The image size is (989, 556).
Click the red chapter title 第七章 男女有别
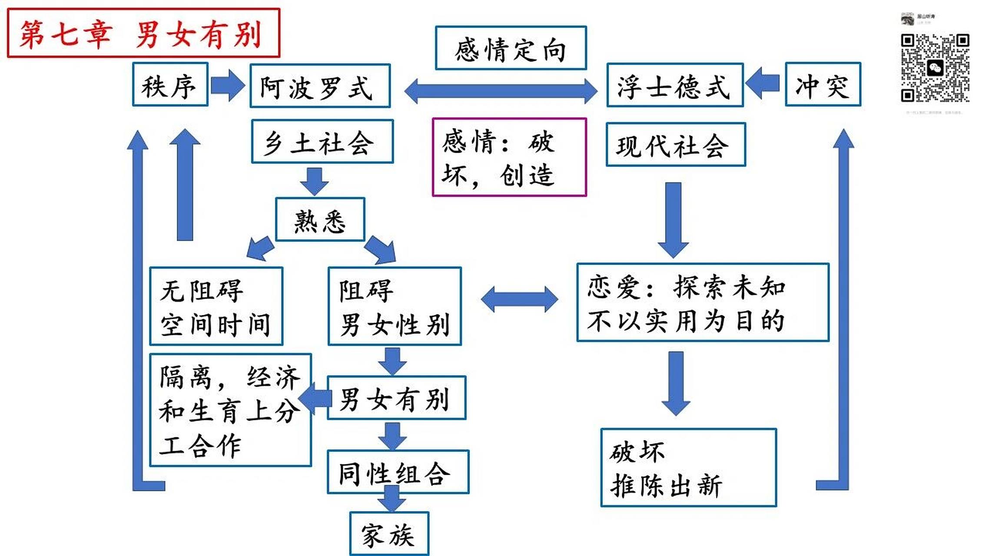pos(143,33)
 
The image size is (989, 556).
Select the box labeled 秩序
pos(170,84)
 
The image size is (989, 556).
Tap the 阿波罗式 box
pos(320,86)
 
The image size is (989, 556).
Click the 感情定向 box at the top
pos(511,48)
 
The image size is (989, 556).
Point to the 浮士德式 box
pos(674,85)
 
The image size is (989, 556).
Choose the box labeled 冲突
pos(823,84)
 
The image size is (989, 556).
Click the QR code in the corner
pos(935,68)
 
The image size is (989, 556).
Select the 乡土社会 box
pos(322,142)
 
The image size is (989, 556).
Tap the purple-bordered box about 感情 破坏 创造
pos(509,157)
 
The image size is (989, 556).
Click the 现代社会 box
pos(675,145)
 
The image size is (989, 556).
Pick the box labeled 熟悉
pos(320,220)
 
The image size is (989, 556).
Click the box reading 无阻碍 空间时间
pos(216,306)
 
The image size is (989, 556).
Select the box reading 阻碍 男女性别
pos(394,306)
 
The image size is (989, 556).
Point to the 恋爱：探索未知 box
pos(702,302)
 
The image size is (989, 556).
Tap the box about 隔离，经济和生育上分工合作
pos(230,410)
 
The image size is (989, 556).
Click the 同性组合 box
pos(398,472)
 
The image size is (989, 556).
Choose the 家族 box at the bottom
pos(389,534)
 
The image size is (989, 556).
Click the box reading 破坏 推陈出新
pos(688,467)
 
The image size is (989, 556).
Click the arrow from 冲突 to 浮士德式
pos(763,83)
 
